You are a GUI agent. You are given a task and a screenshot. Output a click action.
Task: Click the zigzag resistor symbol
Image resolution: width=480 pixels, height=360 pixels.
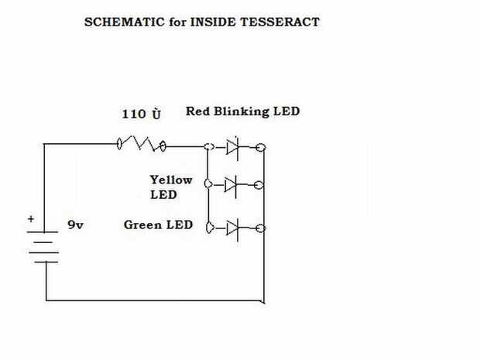click(x=142, y=144)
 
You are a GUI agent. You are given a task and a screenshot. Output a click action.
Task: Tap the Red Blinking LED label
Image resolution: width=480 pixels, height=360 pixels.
click(x=242, y=111)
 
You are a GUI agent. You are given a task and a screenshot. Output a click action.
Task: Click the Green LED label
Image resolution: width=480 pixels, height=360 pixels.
click(x=158, y=225)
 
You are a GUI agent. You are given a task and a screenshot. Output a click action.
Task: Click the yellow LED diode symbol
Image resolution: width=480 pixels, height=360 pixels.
click(x=231, y=184)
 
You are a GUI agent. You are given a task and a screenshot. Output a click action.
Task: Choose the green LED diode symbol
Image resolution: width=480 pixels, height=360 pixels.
click(x=231, y=228)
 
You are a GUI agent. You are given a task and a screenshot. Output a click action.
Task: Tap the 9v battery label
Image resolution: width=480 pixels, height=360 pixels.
click(x=75, y=225)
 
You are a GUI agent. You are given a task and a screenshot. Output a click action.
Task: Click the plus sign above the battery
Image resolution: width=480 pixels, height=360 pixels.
click(x=31, y=219)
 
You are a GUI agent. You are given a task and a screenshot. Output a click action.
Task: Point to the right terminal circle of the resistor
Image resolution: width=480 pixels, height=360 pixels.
click(x=164, y=145)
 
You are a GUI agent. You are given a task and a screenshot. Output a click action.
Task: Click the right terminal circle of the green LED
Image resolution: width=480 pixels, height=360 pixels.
click(x=261, y=228)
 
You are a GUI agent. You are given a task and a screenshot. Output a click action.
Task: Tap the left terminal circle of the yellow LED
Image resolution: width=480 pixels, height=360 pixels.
click(x=207, y=184)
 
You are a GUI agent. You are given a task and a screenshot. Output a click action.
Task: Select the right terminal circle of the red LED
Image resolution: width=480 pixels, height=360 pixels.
click(x=262, y=146)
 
